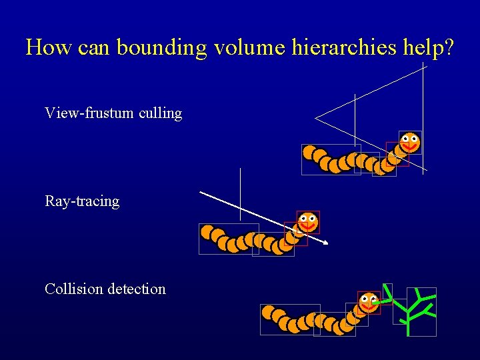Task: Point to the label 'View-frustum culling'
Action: click(x=113, y=113)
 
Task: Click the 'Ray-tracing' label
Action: click(x=82, y=201)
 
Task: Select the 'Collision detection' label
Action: click(x=105, y=289)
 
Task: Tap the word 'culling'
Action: click(x=161, y=113)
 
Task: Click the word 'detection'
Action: click(x=136, y=289)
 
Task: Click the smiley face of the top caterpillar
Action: click(x=409, y=142)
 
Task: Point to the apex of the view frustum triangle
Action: click(x=316, y=119)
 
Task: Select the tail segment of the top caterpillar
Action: click(x=310, y=153)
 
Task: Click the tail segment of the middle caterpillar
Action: click(x=207, y=232)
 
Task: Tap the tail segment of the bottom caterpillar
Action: click(x=269, y=312)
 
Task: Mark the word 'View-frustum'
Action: click(x=89, y=113)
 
